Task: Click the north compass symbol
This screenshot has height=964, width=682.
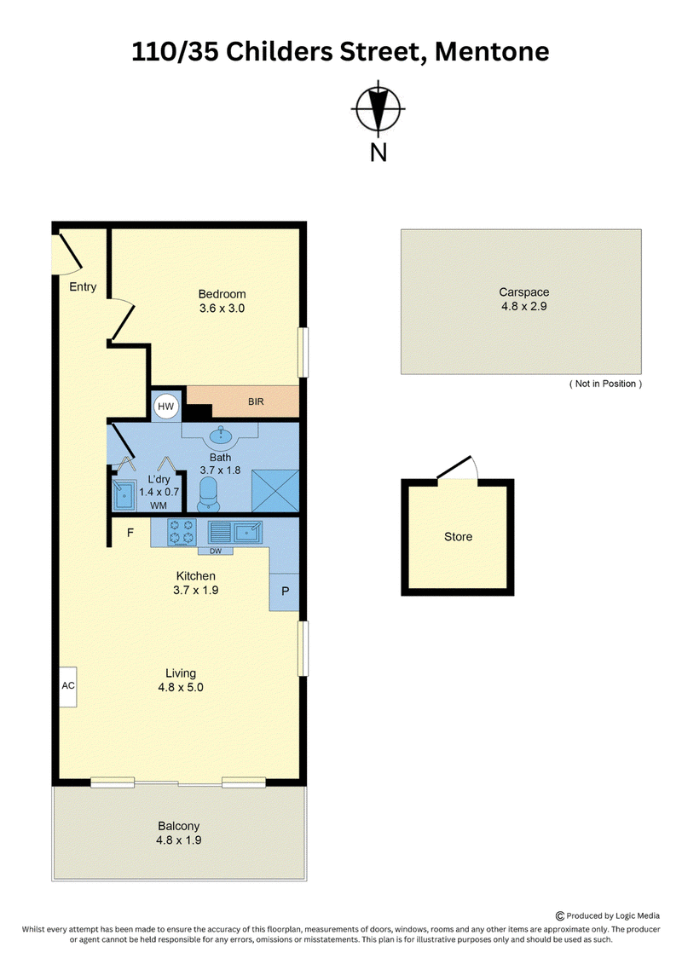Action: pos(379,109)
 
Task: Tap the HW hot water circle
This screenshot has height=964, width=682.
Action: pos(166,406)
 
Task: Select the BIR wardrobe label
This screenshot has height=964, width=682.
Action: pos(256,401)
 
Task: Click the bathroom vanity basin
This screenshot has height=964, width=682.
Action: pos(221,436)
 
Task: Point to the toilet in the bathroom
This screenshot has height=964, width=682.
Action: pos(209,494)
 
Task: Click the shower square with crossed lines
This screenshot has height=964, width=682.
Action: pos(275,491)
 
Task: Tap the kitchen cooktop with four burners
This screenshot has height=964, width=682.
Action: pos(182,532)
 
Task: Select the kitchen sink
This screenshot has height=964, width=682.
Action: pos(235,531)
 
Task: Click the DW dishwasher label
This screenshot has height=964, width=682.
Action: pos(215,551)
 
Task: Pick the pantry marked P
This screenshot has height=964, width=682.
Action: pos(285,592)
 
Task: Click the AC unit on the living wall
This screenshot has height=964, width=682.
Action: pos(67,686)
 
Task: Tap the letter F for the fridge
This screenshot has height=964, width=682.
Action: pos(130,533)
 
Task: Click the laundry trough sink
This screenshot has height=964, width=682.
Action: pos(124,495)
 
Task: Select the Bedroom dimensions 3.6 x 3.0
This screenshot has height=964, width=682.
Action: pos(222,309)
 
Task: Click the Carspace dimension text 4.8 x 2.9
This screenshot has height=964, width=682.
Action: pos(524,306)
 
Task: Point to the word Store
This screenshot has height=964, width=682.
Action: pos(458,537)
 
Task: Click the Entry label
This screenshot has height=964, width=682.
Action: pos(83,287)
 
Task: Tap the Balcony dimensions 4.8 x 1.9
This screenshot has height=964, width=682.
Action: pos(179,840)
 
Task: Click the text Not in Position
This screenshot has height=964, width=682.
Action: pos(606,384)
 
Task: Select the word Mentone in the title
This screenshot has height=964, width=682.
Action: pos(492,52)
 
